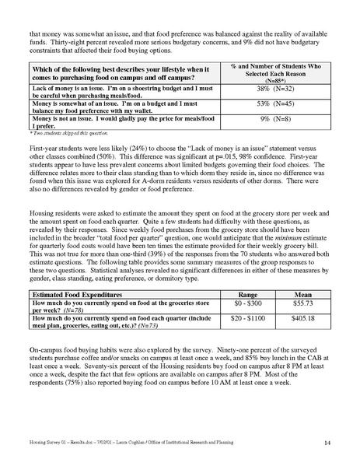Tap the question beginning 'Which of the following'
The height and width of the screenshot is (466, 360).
(117, 70)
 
